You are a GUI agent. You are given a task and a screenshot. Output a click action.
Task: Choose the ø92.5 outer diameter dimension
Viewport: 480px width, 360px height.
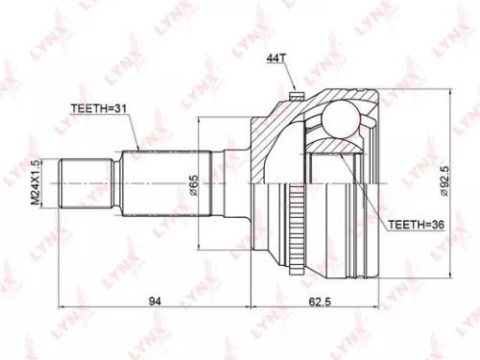[x=448, y=182]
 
